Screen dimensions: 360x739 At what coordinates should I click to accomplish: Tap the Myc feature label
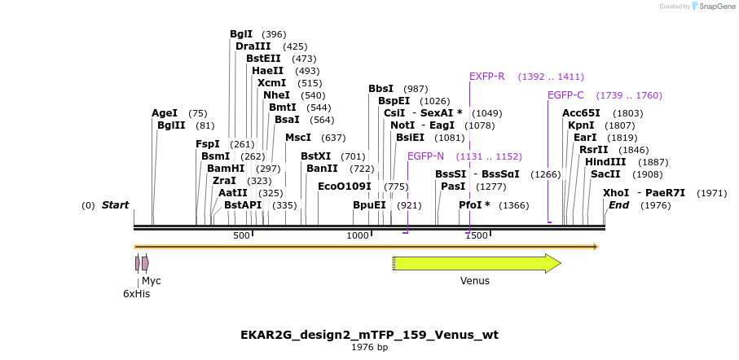pos(152,281)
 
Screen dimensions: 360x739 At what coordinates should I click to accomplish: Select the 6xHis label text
pos(137,294)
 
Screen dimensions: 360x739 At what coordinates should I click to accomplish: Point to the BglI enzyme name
pos(241,34)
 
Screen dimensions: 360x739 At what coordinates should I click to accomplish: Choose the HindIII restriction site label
pos(605,162)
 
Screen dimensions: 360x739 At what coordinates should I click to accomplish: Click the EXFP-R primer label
pos(486,77)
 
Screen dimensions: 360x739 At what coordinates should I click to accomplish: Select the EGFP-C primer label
pos(565,95)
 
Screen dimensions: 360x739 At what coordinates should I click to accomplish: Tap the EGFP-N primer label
pos(425,156)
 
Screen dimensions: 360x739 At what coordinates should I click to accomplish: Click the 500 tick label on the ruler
pos(242,235)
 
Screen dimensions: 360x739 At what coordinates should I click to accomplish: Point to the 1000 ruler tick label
pos(358,235)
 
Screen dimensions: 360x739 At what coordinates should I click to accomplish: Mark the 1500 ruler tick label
pos(477,235)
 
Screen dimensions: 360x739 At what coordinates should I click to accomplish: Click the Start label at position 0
pos(115,205)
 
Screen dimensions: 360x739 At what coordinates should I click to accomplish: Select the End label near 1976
pos(618,205)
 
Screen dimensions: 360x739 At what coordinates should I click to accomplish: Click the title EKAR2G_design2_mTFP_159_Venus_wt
pos(369,335)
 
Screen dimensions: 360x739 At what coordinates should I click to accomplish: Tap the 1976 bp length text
pos(369,348)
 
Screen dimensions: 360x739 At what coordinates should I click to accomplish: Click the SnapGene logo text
pos(713,7)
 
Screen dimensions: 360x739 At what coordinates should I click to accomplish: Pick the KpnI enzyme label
pos(581,125)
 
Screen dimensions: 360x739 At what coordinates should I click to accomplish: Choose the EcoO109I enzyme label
pos(344,187)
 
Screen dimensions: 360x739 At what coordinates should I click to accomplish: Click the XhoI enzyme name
pos(616,193)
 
